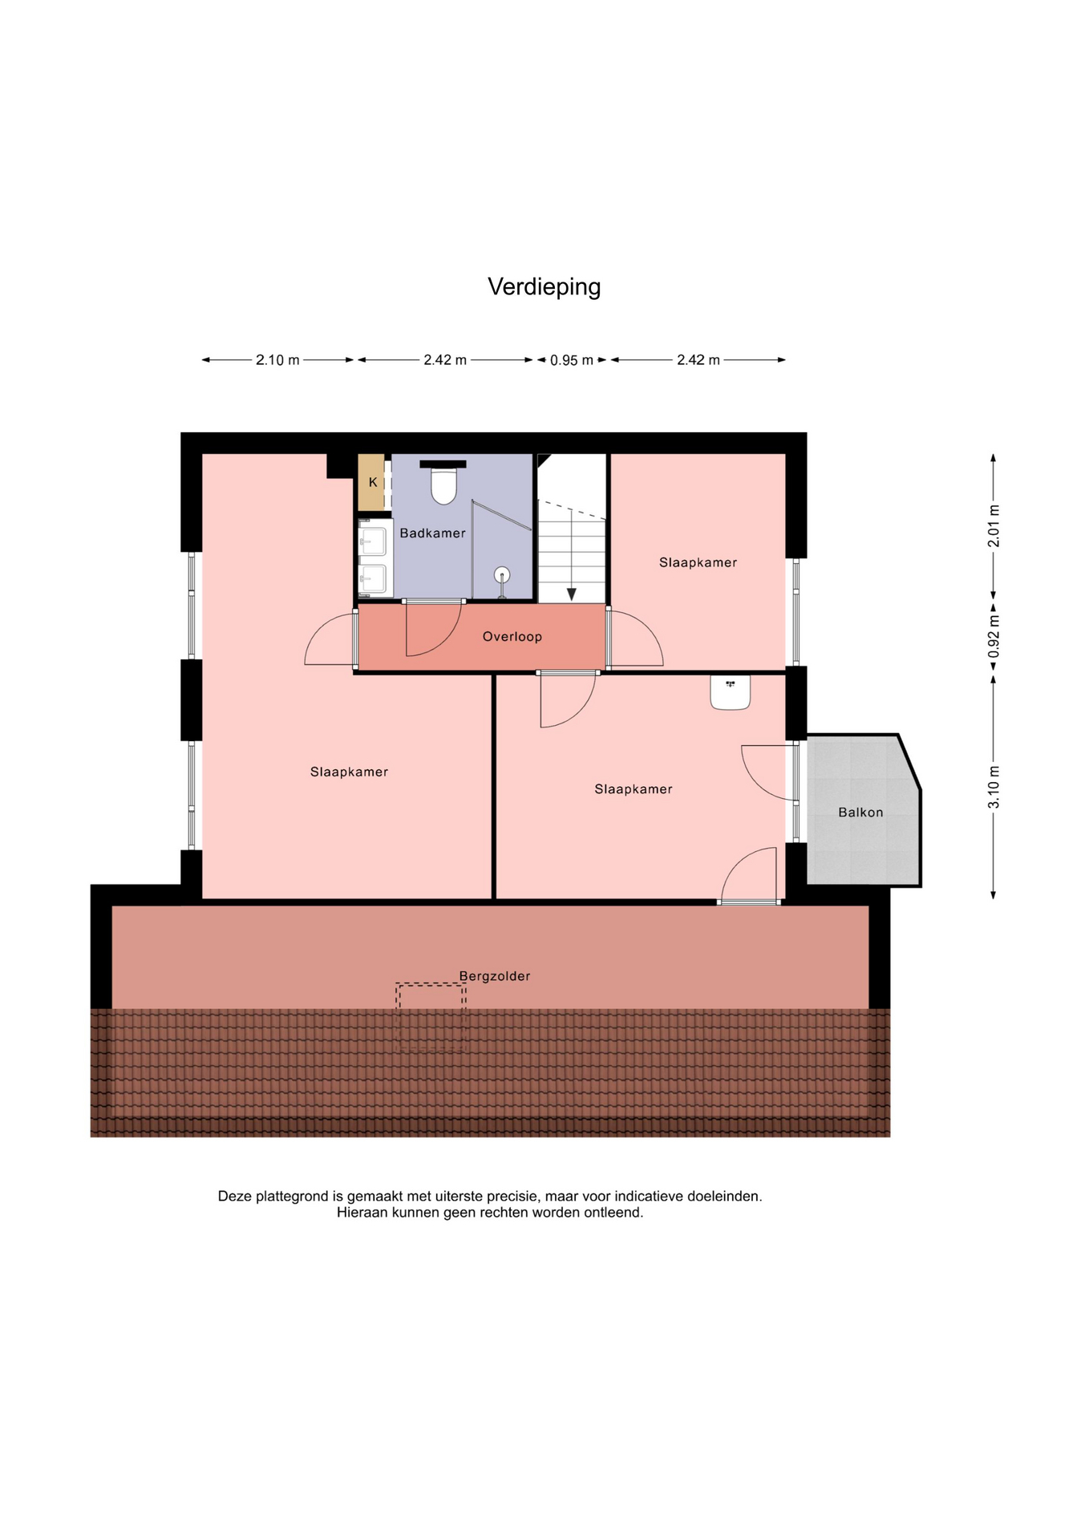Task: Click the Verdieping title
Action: tap(544, 287)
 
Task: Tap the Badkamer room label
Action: tap(432, 533)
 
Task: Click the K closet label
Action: tap(373, 483)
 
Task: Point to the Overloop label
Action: tap(512, 637)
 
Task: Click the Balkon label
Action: tap(860, 813)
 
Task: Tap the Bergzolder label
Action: tap(495, 976)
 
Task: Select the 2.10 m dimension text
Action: tap(277, 360)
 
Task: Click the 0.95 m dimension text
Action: tap(572, 360)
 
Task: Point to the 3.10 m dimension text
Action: tap(994, 788)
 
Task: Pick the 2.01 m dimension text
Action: tap(994, 526)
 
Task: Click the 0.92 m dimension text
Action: tap(994, 637)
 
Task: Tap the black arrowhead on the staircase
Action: tap(572, 594)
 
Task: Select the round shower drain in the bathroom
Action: tap(502, 574)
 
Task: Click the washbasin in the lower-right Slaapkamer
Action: tap(730, 692)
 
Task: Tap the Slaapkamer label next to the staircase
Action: tap(698, 563)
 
